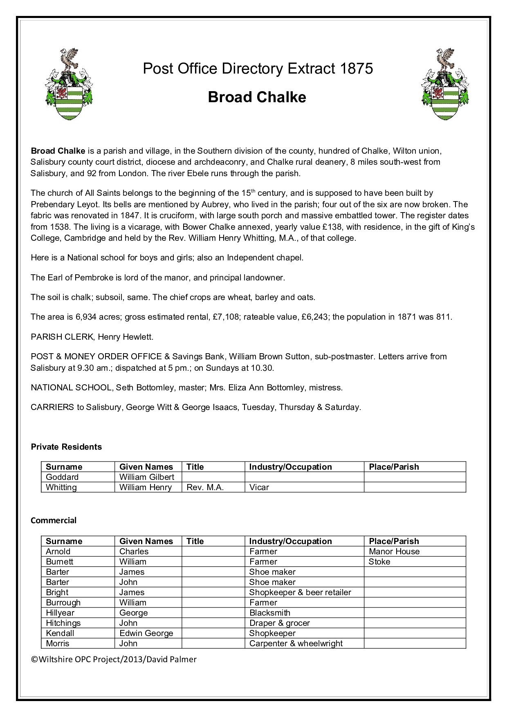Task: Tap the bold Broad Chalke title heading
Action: (257, 97)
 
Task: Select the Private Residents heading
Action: (66, 447)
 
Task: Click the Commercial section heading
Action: (54, 520)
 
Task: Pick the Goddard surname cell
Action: (62, 477)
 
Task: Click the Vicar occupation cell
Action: (259, 487)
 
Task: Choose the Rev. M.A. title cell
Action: (205, 487)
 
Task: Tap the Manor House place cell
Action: (394, 551)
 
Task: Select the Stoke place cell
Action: (379, 562)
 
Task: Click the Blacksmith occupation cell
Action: (270, 613)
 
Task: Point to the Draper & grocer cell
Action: (280, 623)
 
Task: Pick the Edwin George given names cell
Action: (146, 633)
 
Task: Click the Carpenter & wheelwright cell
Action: (296, 643)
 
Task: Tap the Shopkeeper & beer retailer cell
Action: (300, 592)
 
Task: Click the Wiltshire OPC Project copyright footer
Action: (114, 659)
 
